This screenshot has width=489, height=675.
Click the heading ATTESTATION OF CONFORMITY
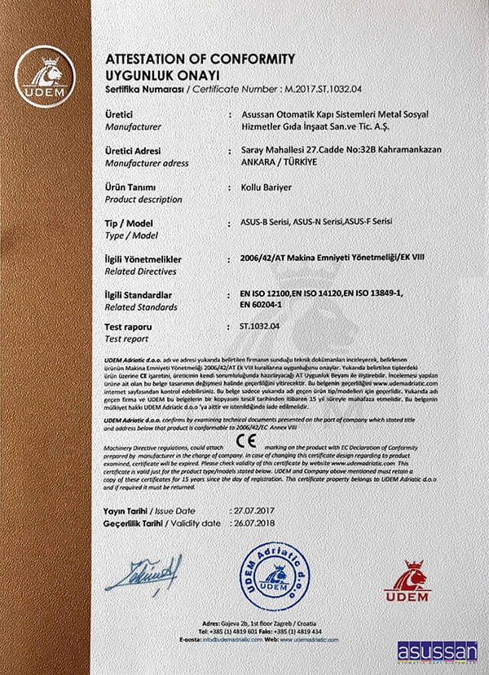pyautogui.click(x=200, y=59)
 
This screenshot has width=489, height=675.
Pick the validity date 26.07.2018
pyautogui.click(x=248, y=521)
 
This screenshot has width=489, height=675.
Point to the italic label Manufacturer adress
pyautogui.click(x=147, y=163)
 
